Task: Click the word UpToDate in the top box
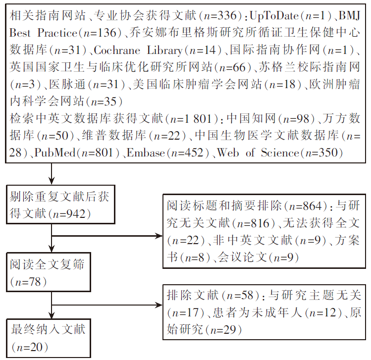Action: tap(274, 16)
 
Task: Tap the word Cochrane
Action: tap(117, 50)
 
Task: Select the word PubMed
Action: tap(55, 153)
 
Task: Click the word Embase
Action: tap(146, 153)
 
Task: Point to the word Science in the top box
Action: tap(280, 153)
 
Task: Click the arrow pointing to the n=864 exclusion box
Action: tap(107, 236)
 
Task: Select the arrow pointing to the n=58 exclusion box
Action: tap(107, 305)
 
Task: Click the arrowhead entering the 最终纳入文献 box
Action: tap(52, 315)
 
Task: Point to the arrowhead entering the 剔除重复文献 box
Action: tap(52, 181)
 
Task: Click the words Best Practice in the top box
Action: tap(43, 33)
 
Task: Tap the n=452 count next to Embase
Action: tap(187, 153)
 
